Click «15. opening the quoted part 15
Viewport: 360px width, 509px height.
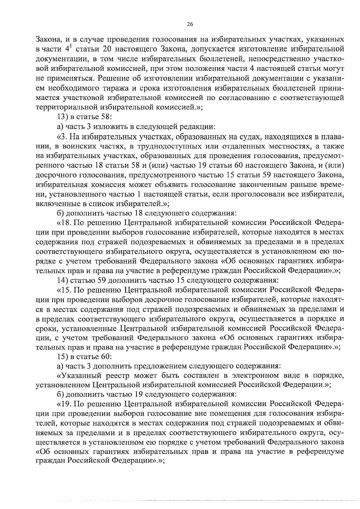[x=63, y=290]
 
